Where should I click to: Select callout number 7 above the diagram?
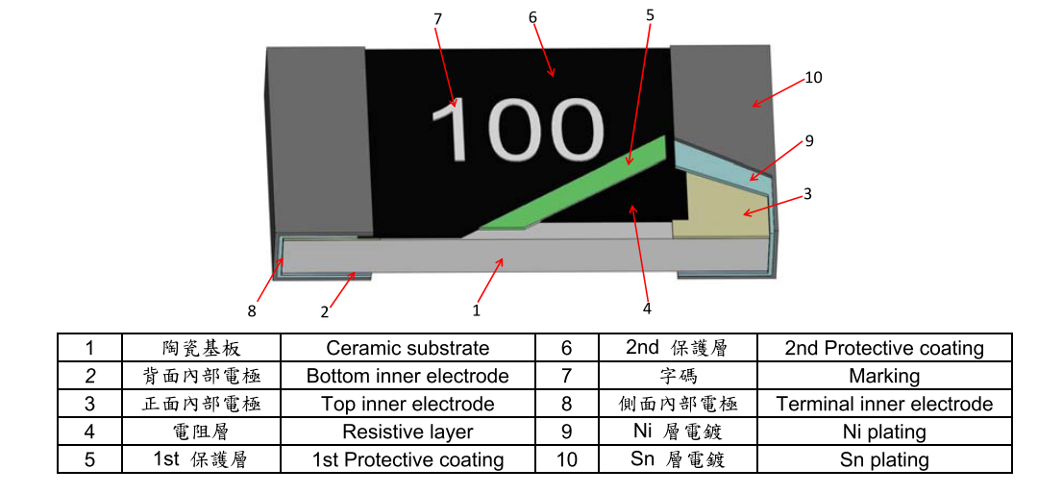pos(437,19)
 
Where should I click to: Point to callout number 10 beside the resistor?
pos(813,78)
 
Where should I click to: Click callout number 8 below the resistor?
pos(252,310)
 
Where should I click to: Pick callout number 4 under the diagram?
pos(647,309)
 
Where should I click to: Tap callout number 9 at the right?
pos(809,141)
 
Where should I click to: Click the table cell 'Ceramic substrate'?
pos(408,348)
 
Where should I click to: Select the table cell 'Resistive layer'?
pos(408,432)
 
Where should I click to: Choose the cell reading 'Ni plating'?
pos(884,432)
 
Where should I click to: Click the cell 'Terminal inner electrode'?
pos(884,404)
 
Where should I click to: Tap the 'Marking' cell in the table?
pos(884,376)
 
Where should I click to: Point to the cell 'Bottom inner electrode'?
pos(408,376)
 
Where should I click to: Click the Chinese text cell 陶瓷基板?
pos(201,348)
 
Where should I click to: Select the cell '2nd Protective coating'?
pos(884,348)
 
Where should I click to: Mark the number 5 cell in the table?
pos(89,459)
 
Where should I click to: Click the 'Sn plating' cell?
pos(884,459)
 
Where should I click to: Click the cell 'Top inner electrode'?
pos(408,404)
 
